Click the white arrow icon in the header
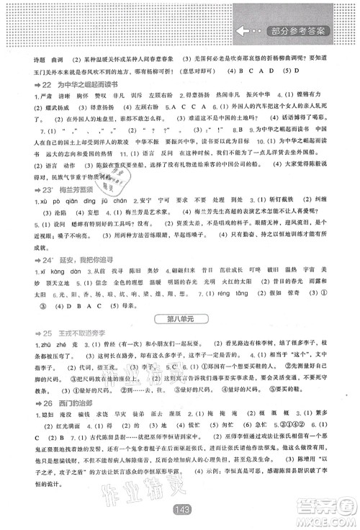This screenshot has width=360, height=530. [x=246, y=32]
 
